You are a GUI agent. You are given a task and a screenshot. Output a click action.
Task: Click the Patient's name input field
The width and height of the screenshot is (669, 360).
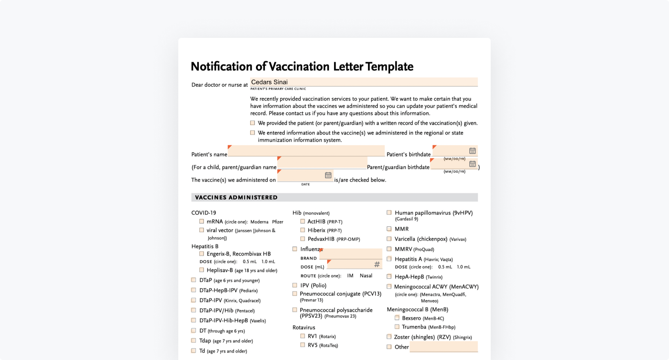tap(306, 151)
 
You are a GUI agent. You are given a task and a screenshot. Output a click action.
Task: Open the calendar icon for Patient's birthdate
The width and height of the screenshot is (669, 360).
tap(472, 151)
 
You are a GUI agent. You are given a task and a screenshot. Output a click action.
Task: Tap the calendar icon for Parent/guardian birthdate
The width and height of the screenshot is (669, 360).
tap(472, 164)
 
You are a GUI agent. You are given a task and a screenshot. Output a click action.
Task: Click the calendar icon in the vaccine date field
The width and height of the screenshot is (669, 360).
tap(328, 175)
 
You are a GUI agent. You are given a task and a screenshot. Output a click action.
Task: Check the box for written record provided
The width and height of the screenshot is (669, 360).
tap(252, 123)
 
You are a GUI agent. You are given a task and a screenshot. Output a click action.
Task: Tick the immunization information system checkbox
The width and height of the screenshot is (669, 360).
tap(252, 133)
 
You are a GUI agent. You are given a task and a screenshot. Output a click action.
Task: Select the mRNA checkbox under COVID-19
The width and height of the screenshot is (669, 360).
tap(202, 221)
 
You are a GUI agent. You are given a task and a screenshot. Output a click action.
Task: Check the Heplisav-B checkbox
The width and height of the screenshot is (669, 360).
tap(202, 270)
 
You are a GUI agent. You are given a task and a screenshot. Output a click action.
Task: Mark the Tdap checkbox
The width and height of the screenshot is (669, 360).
tap(194, 341)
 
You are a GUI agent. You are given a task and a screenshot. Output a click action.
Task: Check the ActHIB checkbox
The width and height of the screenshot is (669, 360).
tap(303, 221)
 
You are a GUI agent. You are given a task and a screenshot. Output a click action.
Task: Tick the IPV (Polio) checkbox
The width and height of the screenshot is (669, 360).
tap(295, 285)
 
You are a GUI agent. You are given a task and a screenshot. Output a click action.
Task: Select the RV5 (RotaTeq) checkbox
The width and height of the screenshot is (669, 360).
tap(303, 345)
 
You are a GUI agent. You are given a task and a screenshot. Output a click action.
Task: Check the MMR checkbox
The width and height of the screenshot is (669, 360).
tap(389, 229)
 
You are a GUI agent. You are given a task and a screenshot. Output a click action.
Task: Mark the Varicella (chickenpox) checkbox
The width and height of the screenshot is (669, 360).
tap(389, 239)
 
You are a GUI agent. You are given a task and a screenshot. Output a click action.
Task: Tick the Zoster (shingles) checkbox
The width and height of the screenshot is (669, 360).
tap(389, 337)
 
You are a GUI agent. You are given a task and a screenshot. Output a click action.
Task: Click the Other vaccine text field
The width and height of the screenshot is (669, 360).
tap(443, 347)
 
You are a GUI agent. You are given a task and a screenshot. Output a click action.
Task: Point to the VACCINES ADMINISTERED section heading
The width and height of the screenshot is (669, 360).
tap(236, 197)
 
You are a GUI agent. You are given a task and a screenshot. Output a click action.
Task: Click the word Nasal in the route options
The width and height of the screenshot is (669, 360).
tap(366, 276)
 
